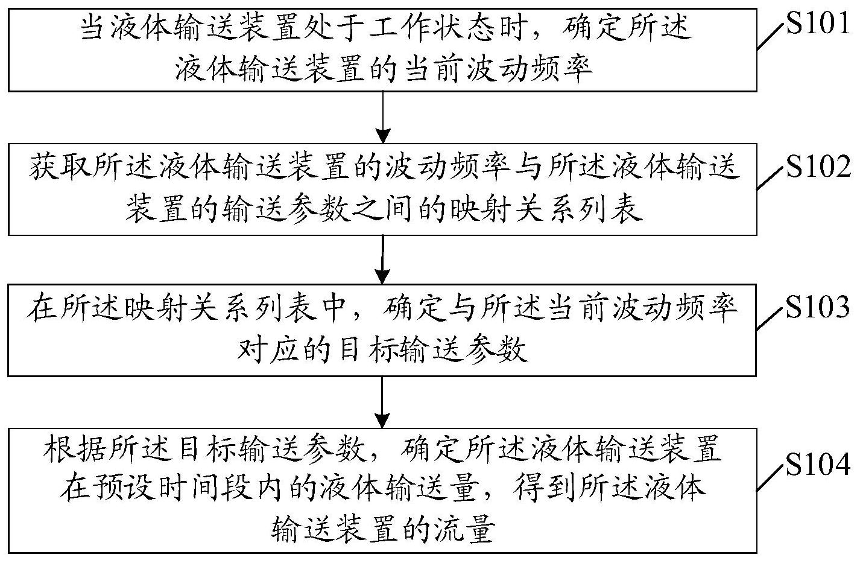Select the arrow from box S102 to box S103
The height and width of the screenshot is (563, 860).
point(382,259)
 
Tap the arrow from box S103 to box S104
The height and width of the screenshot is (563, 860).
point(382,402)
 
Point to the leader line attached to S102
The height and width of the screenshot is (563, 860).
point(770,177)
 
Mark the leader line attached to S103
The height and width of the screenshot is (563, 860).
point(770,318)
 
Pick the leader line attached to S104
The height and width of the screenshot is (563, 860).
point(770,477)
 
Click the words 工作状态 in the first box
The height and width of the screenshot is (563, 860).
point(431,29)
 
